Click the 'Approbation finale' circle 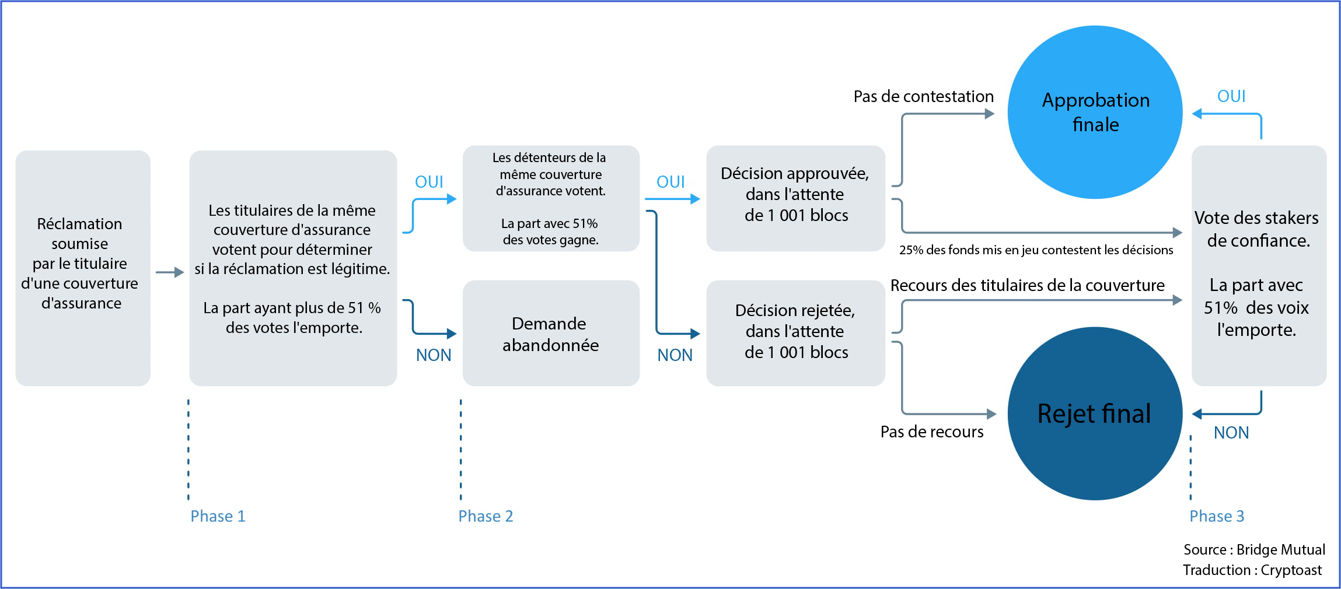(x=1095, y=112)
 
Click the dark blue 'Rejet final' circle (x=1095, y=413)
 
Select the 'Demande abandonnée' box (x=551, y=334)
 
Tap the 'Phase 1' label (x=218, y=516)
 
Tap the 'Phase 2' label (x=486, y=516)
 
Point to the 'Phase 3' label (x=1217, y=516)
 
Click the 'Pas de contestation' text (x=923, y=96)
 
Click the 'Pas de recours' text (x=931, y=432)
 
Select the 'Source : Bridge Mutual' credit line (x=1254, y=549)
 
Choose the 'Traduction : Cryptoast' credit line (x=1252, y=570)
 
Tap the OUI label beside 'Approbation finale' (x=1231, y=96)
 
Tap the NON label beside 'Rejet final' (x=1231, y=433)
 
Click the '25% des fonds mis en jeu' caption (x=1036, y=250)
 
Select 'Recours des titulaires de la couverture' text (x=1027, y=285)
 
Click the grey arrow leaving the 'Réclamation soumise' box (x=170, y=272)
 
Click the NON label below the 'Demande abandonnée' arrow (x=434, y=355)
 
